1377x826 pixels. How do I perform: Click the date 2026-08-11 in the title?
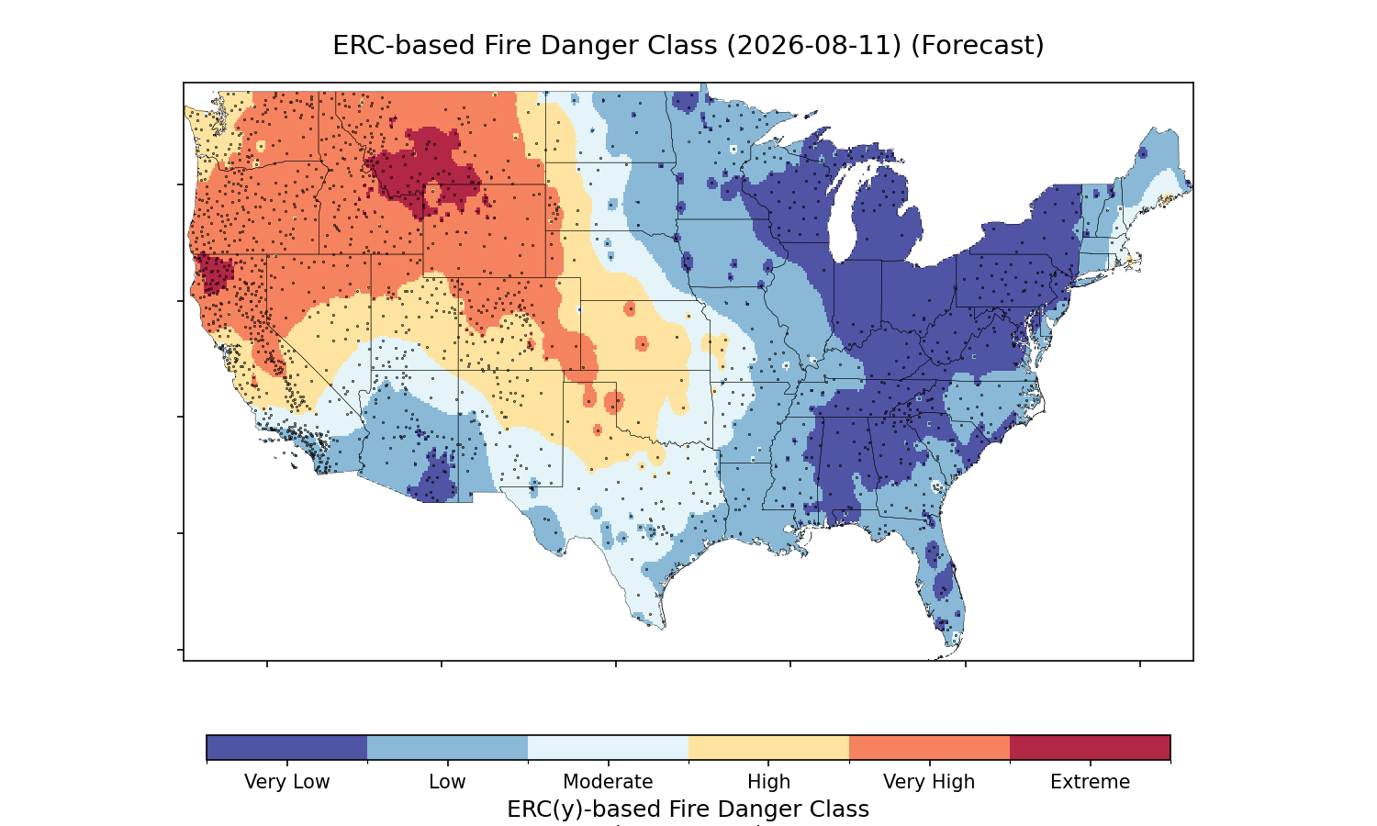(814, 46)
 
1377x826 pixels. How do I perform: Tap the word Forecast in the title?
(978, 46)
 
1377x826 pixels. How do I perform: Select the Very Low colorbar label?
(286, 782)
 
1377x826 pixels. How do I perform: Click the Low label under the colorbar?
(447, 782)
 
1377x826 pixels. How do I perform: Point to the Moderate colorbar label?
(608, 782)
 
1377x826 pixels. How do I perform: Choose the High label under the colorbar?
(768, 782)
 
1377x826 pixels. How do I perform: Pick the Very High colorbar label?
(929, 782)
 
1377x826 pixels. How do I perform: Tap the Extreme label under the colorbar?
(1090, 782)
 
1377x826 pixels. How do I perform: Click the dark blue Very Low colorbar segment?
(287, 747)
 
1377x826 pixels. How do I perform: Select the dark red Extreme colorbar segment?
(1090, 747)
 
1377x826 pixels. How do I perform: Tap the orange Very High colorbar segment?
(929, 747)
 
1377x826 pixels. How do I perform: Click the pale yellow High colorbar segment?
(769, 747)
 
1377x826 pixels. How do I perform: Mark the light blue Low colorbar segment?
(448, 747)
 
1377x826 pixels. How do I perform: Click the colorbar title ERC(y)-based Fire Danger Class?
(688, 809)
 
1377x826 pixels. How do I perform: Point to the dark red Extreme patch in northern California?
(215, 274)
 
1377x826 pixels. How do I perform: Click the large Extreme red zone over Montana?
(424, 169)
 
